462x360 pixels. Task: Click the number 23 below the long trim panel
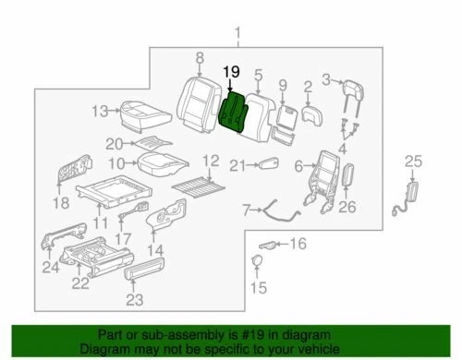click(x=135, y=299)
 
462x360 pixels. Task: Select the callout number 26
click(x=346, y=207)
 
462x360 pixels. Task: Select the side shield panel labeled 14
click(x=174, y=222)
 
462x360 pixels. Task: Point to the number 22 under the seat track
click(x=82, y=282)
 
